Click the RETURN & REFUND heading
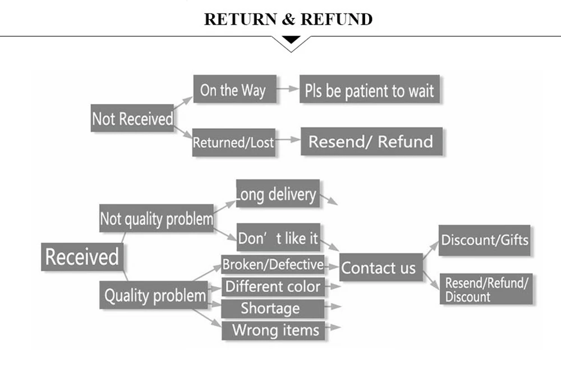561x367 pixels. pyautogui.click(x=288, y=19)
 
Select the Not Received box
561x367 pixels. pyautogui.click(x=132, y=118)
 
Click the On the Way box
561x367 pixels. pyautogui.click(x=234, y=89)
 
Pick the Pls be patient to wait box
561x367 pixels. pyautogui.click(x=369, y=90)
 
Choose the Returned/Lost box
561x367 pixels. pyautogui.click(x=233, y=142)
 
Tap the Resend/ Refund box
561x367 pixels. pyautogui.click(x=371, y=141)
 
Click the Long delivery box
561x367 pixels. pyautogui.click(x=278, y=194)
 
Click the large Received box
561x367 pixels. pyautogui.click(x=82, y=256)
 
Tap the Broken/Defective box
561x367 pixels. pyautogui.click(x=273, y=264)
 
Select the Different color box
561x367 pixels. pyautogui.click(x=273, y=286)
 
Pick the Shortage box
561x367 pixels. pyautogui.click(x=273, y=308)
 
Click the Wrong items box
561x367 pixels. pyautogui.click(x=273, y=329)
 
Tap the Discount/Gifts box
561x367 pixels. pyautogui.click(x=485, y=240)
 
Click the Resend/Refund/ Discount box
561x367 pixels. pyautogui.click(x=486, y=290)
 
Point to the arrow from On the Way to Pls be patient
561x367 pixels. pyautogui.click(x=288, y=89)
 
